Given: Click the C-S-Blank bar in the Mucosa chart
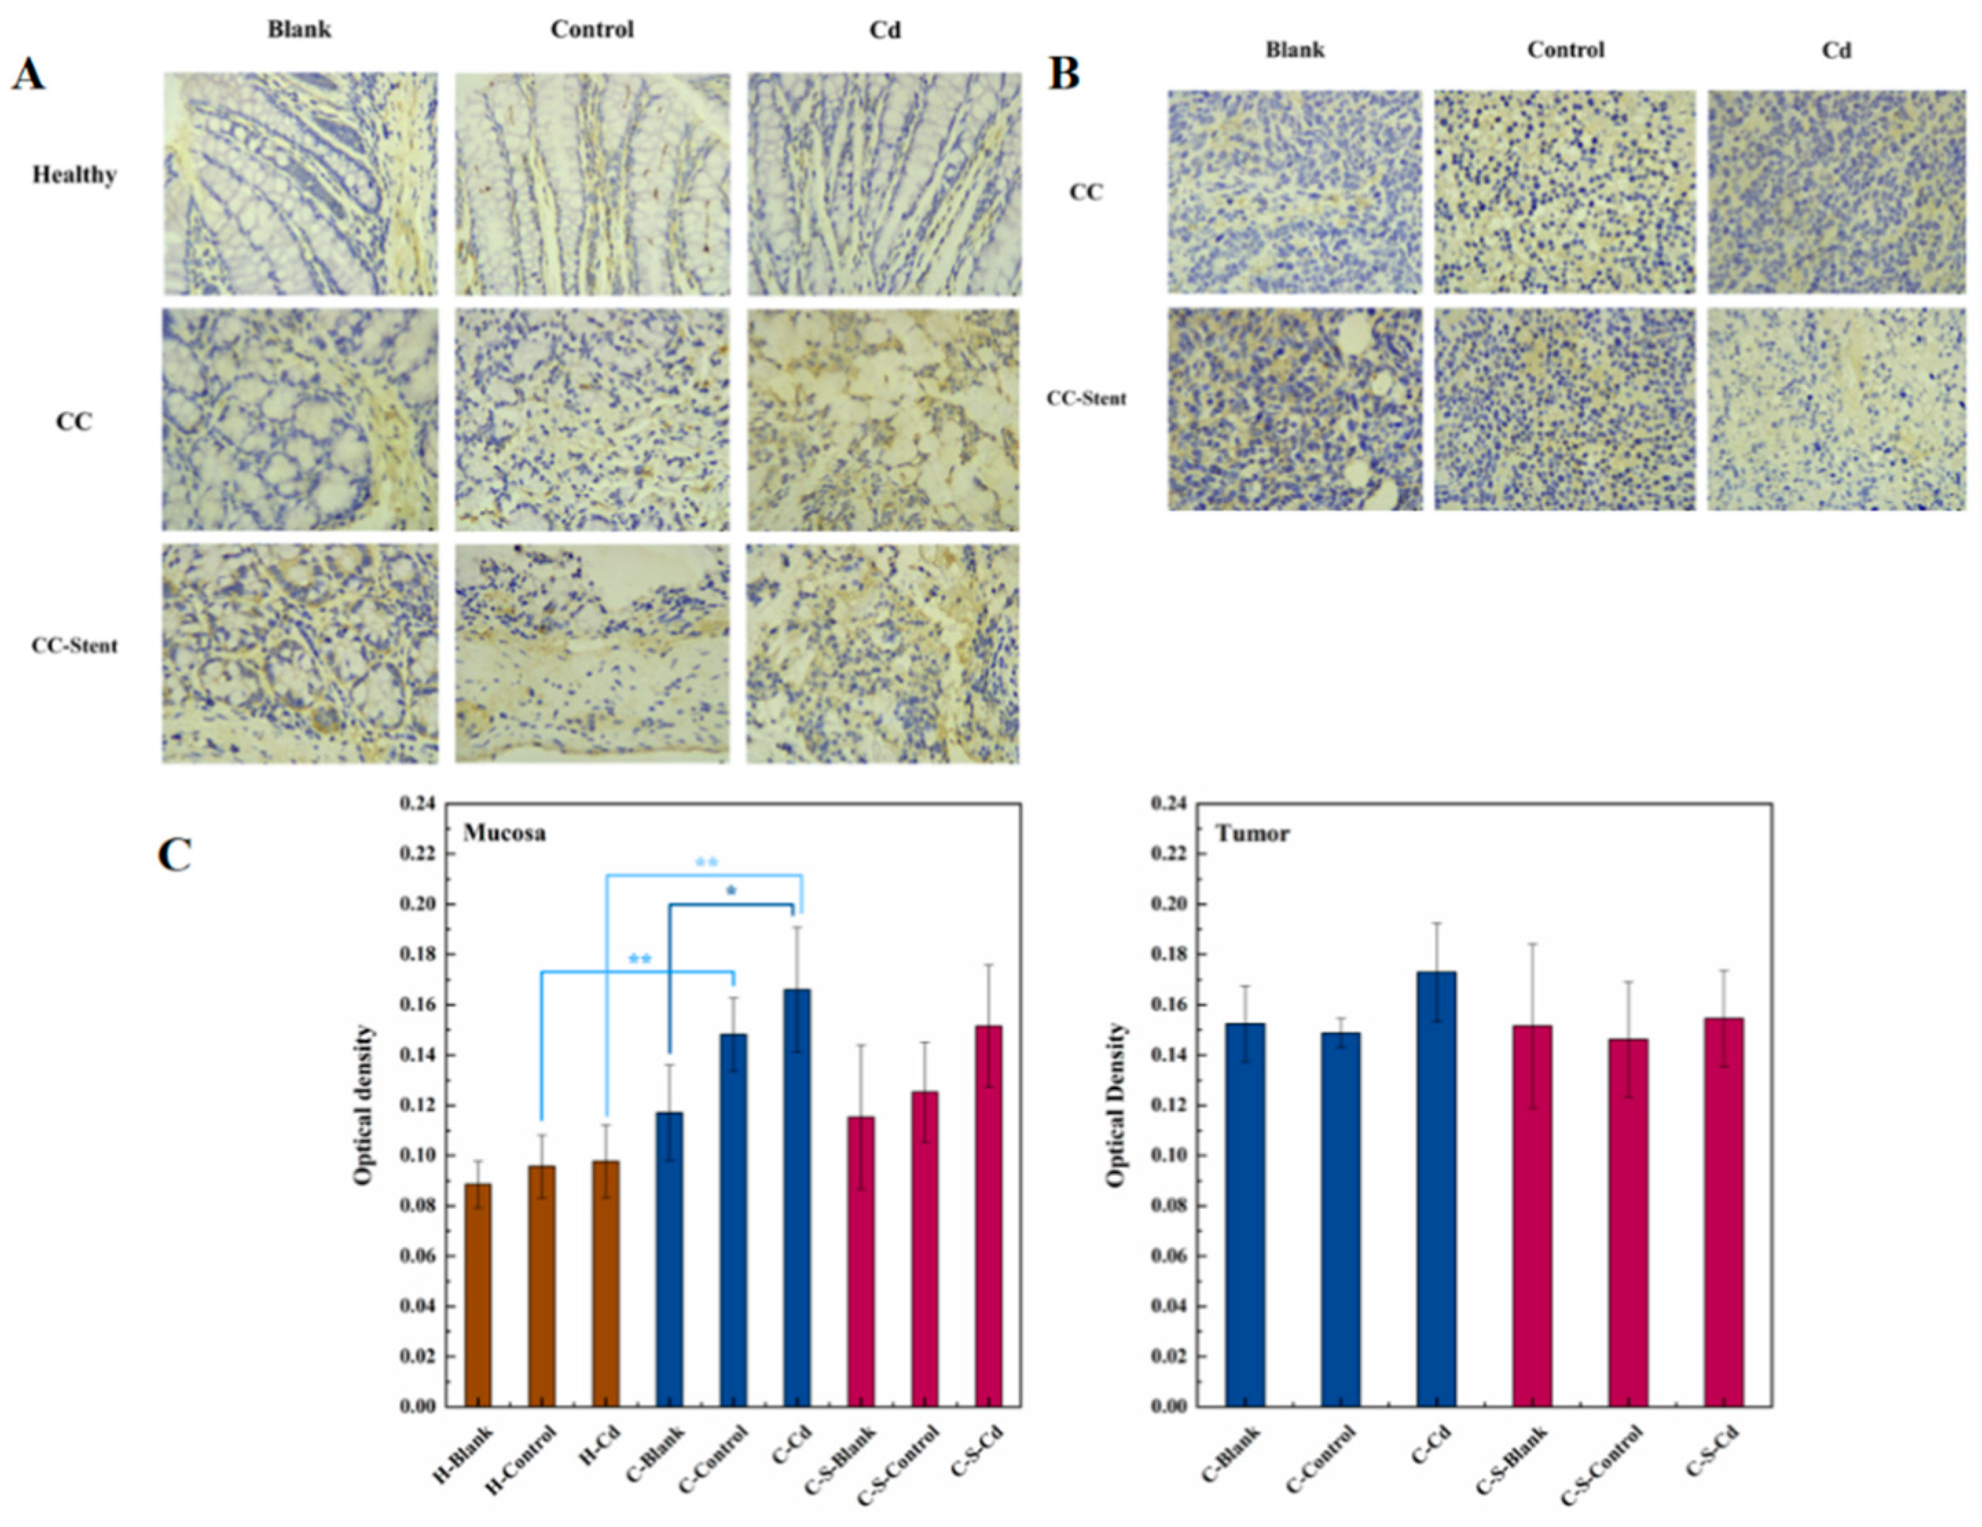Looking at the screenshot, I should point(860,1261).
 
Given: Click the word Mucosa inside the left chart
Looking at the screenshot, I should point(504,833).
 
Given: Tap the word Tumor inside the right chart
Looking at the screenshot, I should point(1252,833).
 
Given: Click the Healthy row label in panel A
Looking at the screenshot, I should point(74,174).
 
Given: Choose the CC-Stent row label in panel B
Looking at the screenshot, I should point(1087,399).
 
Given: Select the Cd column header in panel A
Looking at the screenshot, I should point(885,30).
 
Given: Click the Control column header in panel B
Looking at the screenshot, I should point(1566,50).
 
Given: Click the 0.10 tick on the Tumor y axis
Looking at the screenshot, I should point(1170,1156).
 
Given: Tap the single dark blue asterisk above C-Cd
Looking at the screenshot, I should point(731,892).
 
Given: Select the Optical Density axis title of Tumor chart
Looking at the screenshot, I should point(1116,1104).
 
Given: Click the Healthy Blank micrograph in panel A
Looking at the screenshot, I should point(300,184).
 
